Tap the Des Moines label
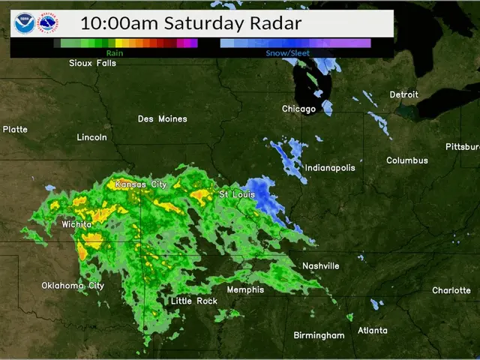[x=163, y=118]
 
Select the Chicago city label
[x=298, y=109]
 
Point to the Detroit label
[x=403, y=94]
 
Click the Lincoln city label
[x=92, y=137]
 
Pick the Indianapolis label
[x=330, y=167]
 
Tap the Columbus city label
[x=407, y=160]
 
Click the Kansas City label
[x=141, y=184]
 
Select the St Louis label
[x=234, y=194]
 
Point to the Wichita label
[x=77, y=223]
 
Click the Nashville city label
[x=320, y=266]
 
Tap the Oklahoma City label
[x=73, y=285]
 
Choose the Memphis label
[x=246, y=289]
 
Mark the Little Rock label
[x=194, y=301]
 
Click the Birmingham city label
[x=319, y=335]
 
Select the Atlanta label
[x=373, y=330]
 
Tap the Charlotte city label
[x=451, y=290]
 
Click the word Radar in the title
[x=274, y=23]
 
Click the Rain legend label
[x=115, y=53]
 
